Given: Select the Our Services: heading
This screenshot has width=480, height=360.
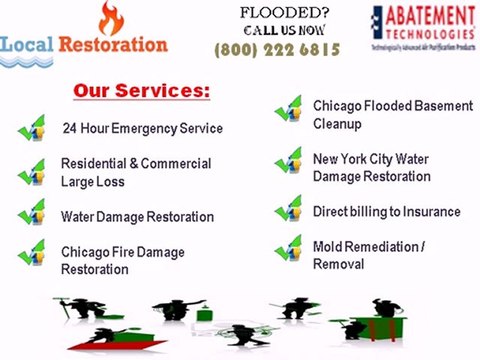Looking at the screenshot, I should point(141,90).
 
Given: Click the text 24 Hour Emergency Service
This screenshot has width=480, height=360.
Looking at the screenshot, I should point(142,129).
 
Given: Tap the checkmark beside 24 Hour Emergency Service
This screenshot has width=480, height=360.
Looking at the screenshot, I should point(33,128).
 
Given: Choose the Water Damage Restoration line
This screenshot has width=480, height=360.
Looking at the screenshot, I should point(137,217).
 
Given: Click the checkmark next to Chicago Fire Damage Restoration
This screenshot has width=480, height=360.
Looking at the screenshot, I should point(33,254).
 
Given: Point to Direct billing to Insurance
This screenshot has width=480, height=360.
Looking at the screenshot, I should point(386,212).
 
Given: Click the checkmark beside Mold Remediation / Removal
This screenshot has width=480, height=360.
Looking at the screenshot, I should point(289,249).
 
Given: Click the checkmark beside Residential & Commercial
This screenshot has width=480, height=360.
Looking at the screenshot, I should point(33,172).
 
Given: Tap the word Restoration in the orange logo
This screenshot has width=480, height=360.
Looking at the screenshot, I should point(112,45).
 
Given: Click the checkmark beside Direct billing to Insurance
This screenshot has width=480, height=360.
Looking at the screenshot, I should point(289,211).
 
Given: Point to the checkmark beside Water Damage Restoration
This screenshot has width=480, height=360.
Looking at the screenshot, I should point(33,215).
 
